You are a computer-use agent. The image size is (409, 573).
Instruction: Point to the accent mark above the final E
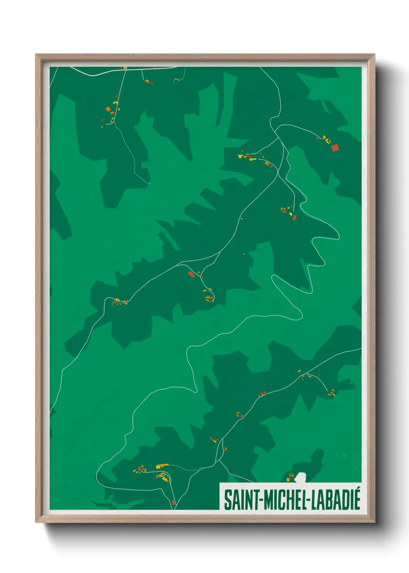click(x=357, y=490)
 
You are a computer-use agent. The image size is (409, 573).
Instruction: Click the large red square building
click(x=335, y=148)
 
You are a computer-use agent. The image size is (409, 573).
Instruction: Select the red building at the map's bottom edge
click(x=174, y=503)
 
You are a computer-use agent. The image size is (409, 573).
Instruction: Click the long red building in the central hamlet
click(x=191, y=274)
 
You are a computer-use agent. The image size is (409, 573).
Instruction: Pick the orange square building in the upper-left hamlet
click(x=108, y=109)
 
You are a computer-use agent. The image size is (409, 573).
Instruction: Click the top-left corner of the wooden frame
click(x=36, y=55)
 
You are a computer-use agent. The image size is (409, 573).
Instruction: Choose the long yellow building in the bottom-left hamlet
click(x=162, y=466)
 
